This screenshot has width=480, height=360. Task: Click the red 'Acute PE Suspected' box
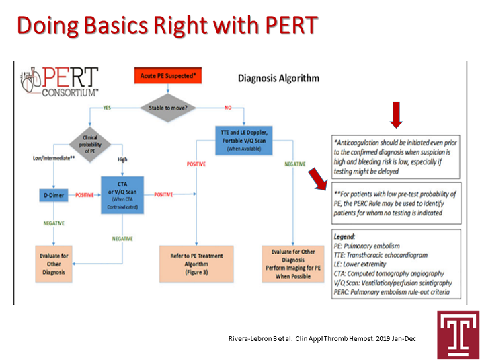168,76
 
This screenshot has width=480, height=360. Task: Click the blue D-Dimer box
53,194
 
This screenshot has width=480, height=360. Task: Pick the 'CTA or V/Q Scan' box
122,194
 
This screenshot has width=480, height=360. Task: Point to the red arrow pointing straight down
397,115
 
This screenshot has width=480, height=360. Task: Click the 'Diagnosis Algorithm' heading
278,78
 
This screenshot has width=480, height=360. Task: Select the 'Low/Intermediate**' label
50,158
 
